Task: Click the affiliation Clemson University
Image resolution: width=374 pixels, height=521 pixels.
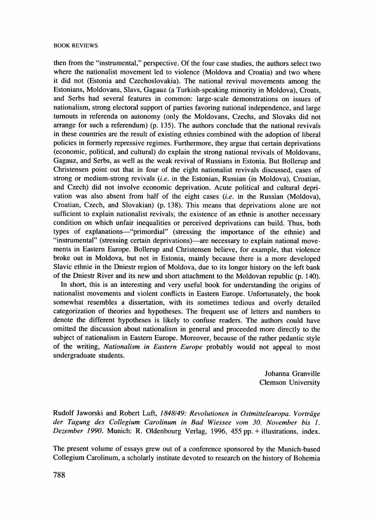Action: point(290,382)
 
